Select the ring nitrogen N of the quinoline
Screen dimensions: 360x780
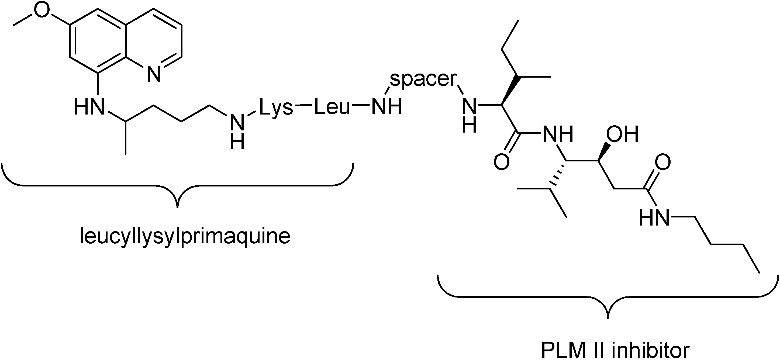[154, 74]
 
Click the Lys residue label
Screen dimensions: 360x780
[276, 108]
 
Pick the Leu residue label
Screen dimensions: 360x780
[332, 107]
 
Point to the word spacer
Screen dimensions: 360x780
[423, 79]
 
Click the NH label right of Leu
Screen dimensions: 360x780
[387, 107]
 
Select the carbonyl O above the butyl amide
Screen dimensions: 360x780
[663, 162]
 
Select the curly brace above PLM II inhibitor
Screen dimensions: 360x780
[608, 297]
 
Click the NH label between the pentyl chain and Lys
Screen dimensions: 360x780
[237, 132]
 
